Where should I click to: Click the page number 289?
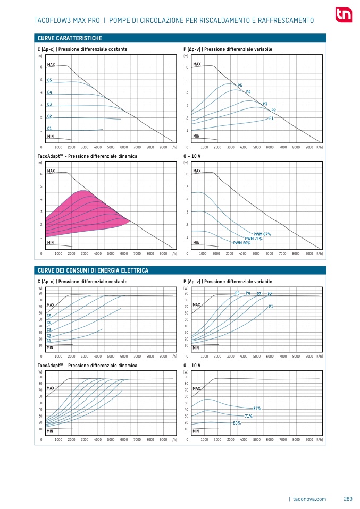point(348,499)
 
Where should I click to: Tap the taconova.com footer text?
point(309,499)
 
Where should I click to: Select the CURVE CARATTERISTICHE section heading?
point(70,39)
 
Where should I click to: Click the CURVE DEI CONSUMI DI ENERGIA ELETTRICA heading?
point(93,270)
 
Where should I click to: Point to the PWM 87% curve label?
point(262,234)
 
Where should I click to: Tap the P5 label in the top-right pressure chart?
point(240,86)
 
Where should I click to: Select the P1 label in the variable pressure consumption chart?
point(271,307)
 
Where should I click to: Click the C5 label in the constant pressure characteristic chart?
point(49,80)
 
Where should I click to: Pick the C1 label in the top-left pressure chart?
point(49,129)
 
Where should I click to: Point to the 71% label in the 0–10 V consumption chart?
point(248,416)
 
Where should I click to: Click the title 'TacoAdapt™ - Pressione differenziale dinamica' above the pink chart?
point(87,157)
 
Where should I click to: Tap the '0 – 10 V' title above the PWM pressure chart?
point(191,157)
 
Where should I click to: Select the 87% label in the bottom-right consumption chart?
point(257,409)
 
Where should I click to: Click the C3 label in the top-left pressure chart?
point(49,104)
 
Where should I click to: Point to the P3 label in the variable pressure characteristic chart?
point(265,104)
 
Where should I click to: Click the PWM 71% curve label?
point(253,239)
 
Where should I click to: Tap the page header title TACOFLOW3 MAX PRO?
point(66,21)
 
